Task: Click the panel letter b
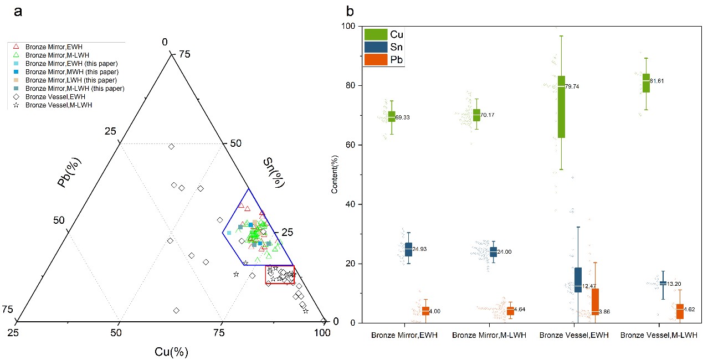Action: point(350,11)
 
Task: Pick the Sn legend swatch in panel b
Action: point(374,48)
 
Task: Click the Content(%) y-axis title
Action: point(335,174)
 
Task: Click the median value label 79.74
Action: point(574,86)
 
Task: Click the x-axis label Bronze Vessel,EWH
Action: point(574,336)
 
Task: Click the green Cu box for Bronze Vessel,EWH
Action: point(561,106)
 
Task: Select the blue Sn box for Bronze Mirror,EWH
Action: point(408,249)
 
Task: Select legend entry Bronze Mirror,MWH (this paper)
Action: point(72,72)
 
